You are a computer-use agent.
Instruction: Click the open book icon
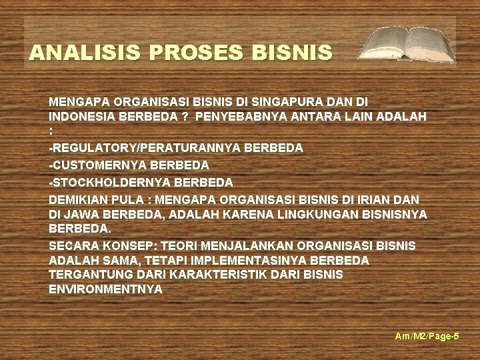(407, 45)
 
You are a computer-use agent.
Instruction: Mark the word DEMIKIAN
(76, 198)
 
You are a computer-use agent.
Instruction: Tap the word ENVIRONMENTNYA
(105, 289)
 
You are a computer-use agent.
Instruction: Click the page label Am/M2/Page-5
(427, 336)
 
